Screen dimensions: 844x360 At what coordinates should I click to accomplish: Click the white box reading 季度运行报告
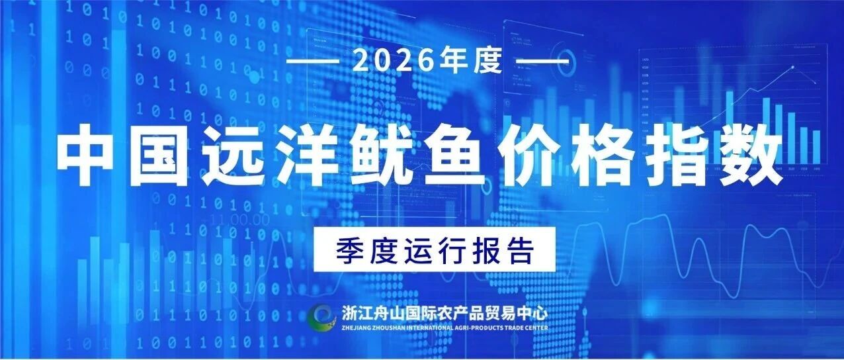(435, 249)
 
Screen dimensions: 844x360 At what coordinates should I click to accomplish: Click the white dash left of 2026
(312, 61)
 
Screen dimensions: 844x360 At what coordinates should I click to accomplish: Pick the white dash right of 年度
(542, 61)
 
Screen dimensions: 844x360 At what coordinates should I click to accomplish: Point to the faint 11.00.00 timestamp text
(239, 220)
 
